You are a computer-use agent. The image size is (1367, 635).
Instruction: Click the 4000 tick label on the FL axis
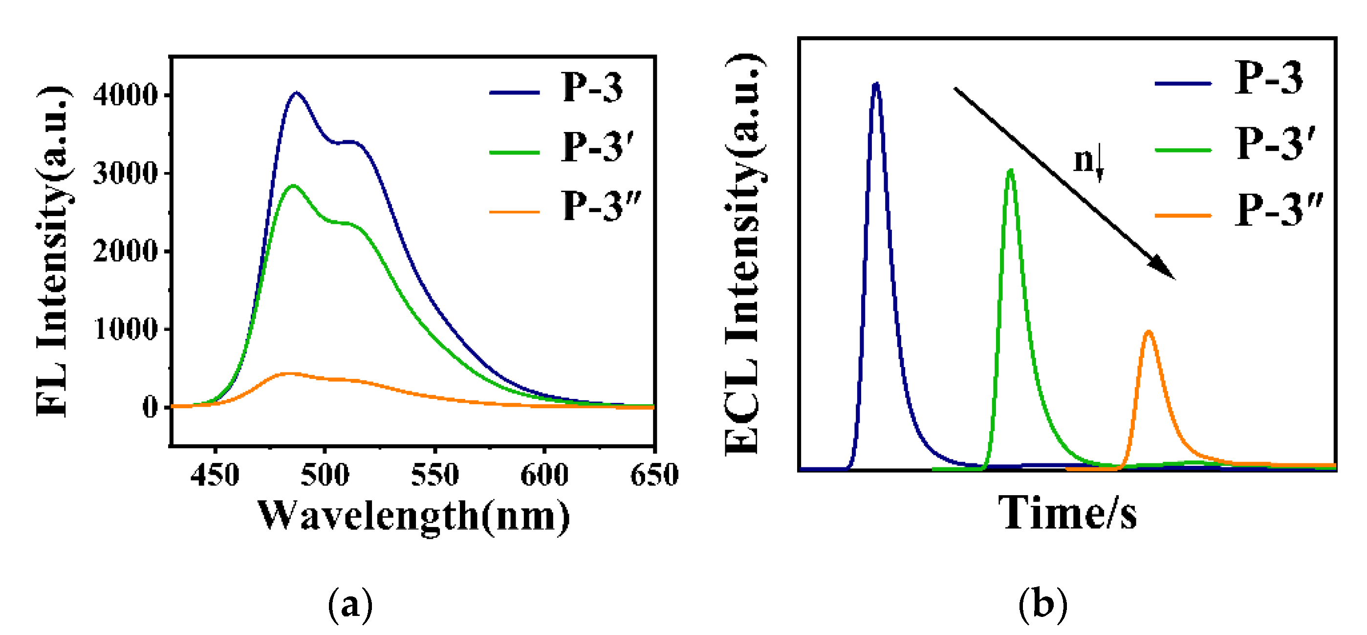(x=125, y=96)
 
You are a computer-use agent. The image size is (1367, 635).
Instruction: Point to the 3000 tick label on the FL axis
(x=125, y=174)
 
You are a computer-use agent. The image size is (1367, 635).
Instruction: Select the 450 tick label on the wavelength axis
(x=215, y=475)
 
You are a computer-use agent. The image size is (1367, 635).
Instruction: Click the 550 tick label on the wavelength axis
(x=435, y=475)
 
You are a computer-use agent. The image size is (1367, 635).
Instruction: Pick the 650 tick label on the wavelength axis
(x=654, y=475)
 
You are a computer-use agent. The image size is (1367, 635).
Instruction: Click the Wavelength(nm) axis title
(x=414, y=516)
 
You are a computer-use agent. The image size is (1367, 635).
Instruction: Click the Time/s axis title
(x=1067, y=513)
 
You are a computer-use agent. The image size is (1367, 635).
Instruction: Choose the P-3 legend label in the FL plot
(x=592, y=88)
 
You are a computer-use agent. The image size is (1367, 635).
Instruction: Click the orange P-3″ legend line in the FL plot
(x=514, y=212)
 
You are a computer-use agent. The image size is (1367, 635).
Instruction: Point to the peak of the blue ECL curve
(x=876, y=84)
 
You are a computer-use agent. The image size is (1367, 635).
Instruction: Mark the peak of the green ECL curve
(x=1010, y=171)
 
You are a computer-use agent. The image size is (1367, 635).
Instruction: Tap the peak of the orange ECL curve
(x=1149, y=332)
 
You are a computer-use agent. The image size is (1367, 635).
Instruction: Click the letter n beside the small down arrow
(x=1083, y=160)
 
